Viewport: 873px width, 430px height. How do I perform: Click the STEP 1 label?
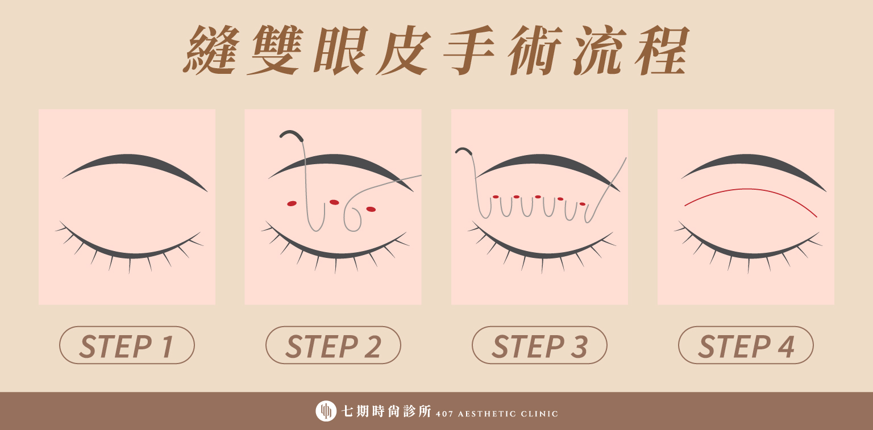coord(127,345)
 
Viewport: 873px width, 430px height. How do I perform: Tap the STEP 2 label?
coord(333,345)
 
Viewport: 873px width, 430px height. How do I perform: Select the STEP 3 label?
coord(539,345)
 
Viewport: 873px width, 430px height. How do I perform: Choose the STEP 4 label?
coord(746,345)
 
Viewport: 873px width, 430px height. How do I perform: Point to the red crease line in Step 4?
coord(750,190)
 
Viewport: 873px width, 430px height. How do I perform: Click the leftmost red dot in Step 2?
coord(292,203)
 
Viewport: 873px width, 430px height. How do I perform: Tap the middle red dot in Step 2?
coord(334,202)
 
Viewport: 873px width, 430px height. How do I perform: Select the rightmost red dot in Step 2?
coord(371,210)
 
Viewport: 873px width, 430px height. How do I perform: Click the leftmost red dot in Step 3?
coord(496,197)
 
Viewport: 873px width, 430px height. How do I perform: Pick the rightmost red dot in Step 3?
coord(583,204)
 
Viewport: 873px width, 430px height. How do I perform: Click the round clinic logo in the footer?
coord(326,411)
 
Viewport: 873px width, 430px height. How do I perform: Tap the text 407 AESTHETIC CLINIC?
coord(497,414)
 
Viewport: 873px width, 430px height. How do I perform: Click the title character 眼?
coord(340,50)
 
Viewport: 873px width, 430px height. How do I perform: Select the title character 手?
coord(469,50)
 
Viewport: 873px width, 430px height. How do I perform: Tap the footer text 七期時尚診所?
coord(386,411)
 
